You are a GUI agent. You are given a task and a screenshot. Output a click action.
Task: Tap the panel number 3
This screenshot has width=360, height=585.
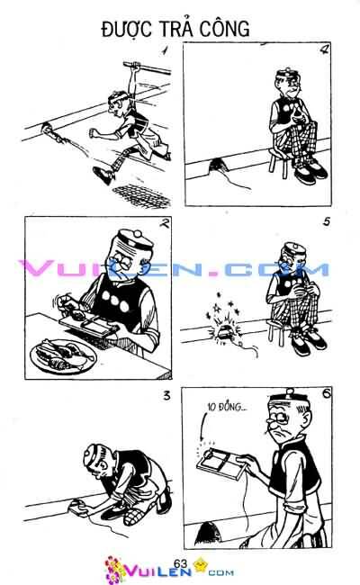[166, 396]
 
